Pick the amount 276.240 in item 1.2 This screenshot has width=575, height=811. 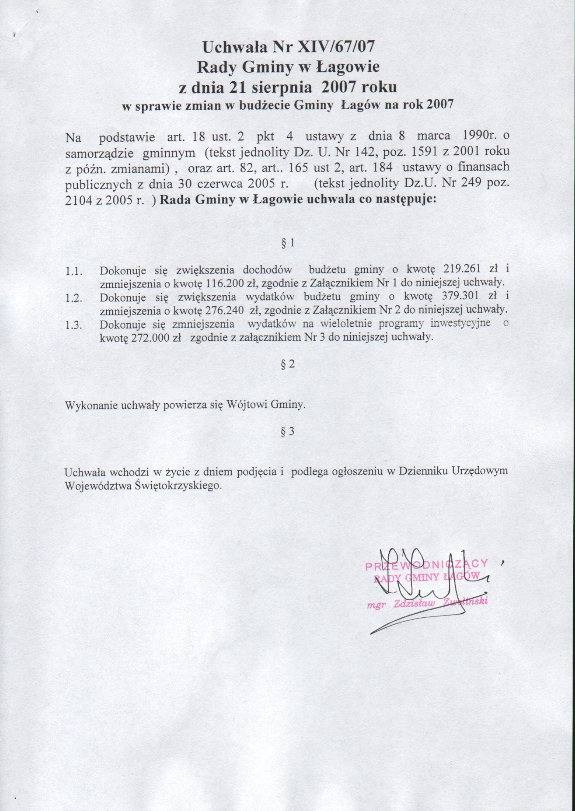pos(224,310)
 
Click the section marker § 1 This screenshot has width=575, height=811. pos(287,243)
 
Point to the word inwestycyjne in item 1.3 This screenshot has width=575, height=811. pos(460,323)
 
